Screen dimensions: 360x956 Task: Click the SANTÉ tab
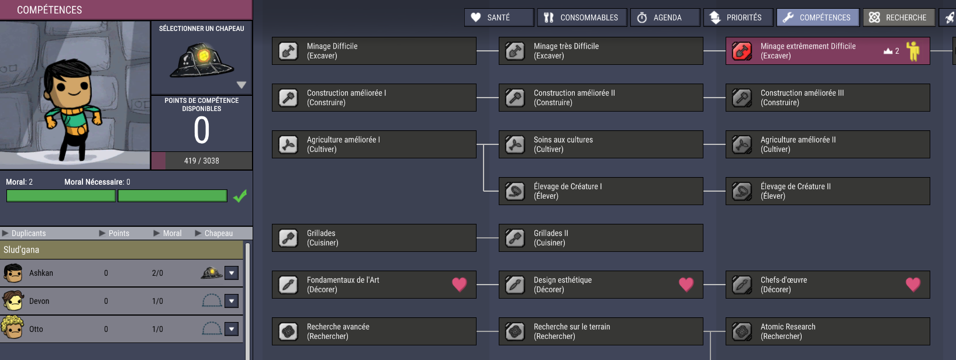(x=499, y=18)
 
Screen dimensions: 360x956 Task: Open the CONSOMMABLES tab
(x=582, y=18)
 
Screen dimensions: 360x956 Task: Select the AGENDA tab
(x=665, y=18)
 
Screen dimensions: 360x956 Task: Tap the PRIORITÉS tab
(x=738, y=18)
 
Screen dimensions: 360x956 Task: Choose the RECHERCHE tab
(x=899, y=18)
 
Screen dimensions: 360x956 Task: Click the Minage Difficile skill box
(x=374, y=51)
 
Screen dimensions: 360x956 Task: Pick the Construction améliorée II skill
(x=601, y=98)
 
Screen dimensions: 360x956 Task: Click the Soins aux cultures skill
(x=601, y=144)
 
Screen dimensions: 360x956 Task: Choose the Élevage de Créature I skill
(x=601, y=191)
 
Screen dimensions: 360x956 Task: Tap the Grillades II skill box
(x=601, y=238)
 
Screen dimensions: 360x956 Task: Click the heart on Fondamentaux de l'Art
(x=460, y=285)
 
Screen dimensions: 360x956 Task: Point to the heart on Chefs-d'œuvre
(x=913, y=285)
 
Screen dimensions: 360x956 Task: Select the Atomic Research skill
(x=827, y=331)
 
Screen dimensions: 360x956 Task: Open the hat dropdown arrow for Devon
(x=232, y=301)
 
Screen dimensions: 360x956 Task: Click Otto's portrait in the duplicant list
(x=12, y=328)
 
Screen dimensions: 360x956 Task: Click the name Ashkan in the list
(x=41, y=273)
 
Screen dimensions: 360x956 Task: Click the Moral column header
(x=172, y=233)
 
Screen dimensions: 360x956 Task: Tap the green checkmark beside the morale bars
(x=240, y=196)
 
